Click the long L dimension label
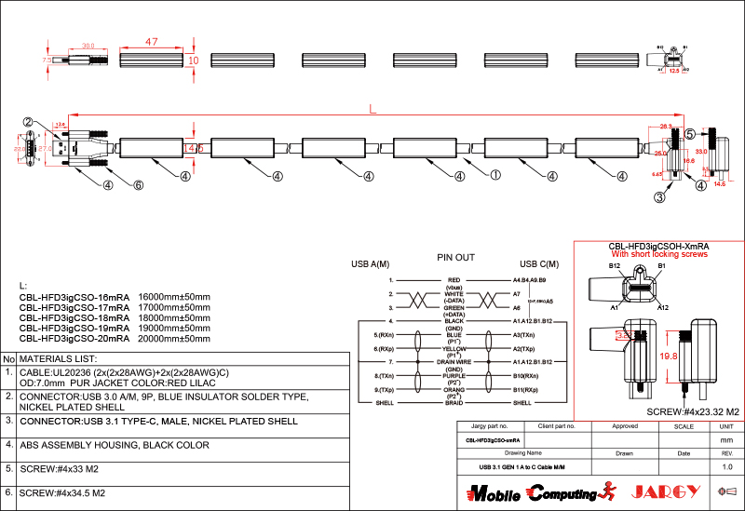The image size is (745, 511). (x=372, y=110)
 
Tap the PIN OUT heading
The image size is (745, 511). (x=456, y=257)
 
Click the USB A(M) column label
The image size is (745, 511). (x=370, y=263)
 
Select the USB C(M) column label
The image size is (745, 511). (x=539, y=263)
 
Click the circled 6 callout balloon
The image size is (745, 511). (x=139, y=184)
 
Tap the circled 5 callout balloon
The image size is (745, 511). (x=691, y=134)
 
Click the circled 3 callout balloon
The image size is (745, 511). (x=659, y=196)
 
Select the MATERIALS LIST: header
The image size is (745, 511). (x=58, y=358)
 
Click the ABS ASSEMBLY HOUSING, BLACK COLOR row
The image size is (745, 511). (x=115, y=445)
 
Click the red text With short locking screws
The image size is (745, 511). (x=659, y=254)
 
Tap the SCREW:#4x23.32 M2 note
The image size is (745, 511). (x=692, y=410)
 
